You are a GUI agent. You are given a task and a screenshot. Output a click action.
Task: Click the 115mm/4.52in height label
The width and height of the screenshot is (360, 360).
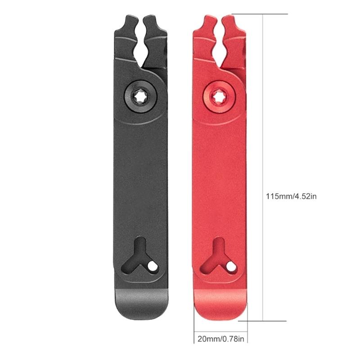tap(292, 196)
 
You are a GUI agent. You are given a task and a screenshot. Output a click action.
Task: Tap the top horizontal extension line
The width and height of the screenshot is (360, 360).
tap(261, 14)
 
